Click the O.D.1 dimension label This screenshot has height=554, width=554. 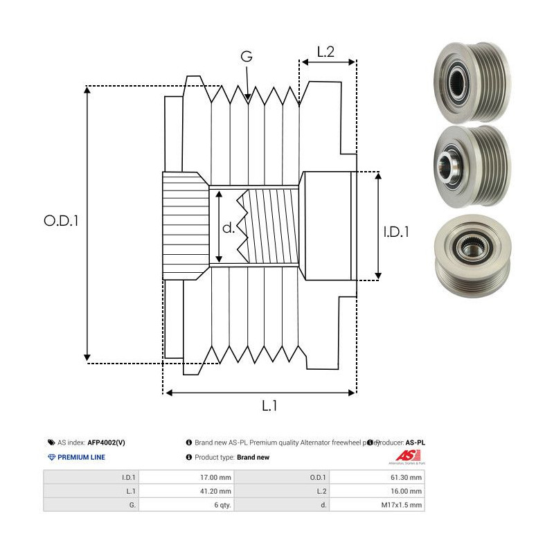pos(62,221)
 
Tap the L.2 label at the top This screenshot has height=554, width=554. pos(326,51)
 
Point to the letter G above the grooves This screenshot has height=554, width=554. pos(247,57)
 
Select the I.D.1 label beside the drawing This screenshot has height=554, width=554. pos(396,233)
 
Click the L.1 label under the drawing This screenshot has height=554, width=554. pos(271,407)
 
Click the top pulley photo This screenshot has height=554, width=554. pos(470,82)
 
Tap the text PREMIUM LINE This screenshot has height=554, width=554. pos(81,458)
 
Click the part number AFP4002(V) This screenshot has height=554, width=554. pos(107,442)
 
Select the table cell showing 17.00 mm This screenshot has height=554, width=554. pos(186,478)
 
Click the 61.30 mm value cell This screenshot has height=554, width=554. pos(377,478)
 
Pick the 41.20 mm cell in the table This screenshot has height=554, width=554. pos(186,491)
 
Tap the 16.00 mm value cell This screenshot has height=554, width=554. pos(377,491)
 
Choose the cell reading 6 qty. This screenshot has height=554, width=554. pos(186,505)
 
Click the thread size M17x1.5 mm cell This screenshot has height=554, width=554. pos(377,505)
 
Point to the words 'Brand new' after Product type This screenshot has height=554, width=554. pos(253,458)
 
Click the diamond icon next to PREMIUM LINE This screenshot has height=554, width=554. pos(51,458)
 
